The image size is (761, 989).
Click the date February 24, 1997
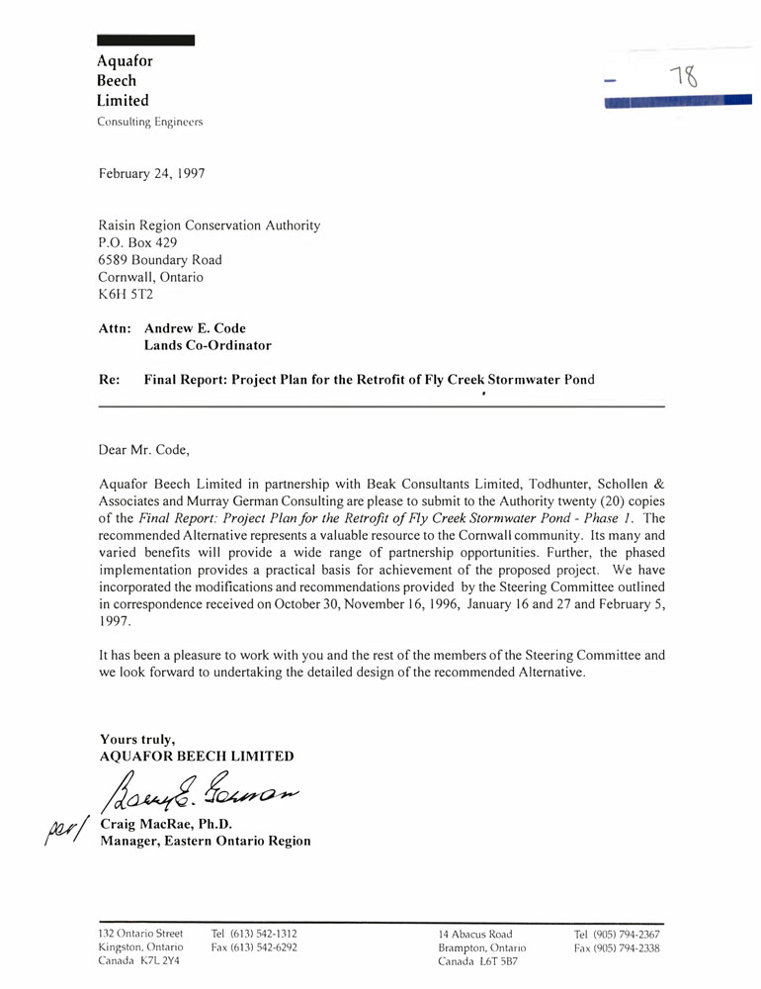click(152, 173)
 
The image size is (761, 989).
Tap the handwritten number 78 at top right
click(683, 78)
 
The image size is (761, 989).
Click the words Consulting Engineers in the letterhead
click(149, 122)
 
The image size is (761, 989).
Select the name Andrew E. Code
click(195, 328)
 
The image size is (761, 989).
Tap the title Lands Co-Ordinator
click(208, 346)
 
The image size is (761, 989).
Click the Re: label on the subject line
click(110, 379)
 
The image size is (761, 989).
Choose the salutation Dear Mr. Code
click(143, 450)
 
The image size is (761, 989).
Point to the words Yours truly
click(137, 739)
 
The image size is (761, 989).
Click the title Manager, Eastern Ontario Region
click(205, 842)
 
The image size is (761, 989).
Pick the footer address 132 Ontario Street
click(140, 934)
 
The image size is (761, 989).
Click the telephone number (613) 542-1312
click(254, 934)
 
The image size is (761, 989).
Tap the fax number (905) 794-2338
click(618, 947)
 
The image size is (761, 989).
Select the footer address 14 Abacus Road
click(475, 934)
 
